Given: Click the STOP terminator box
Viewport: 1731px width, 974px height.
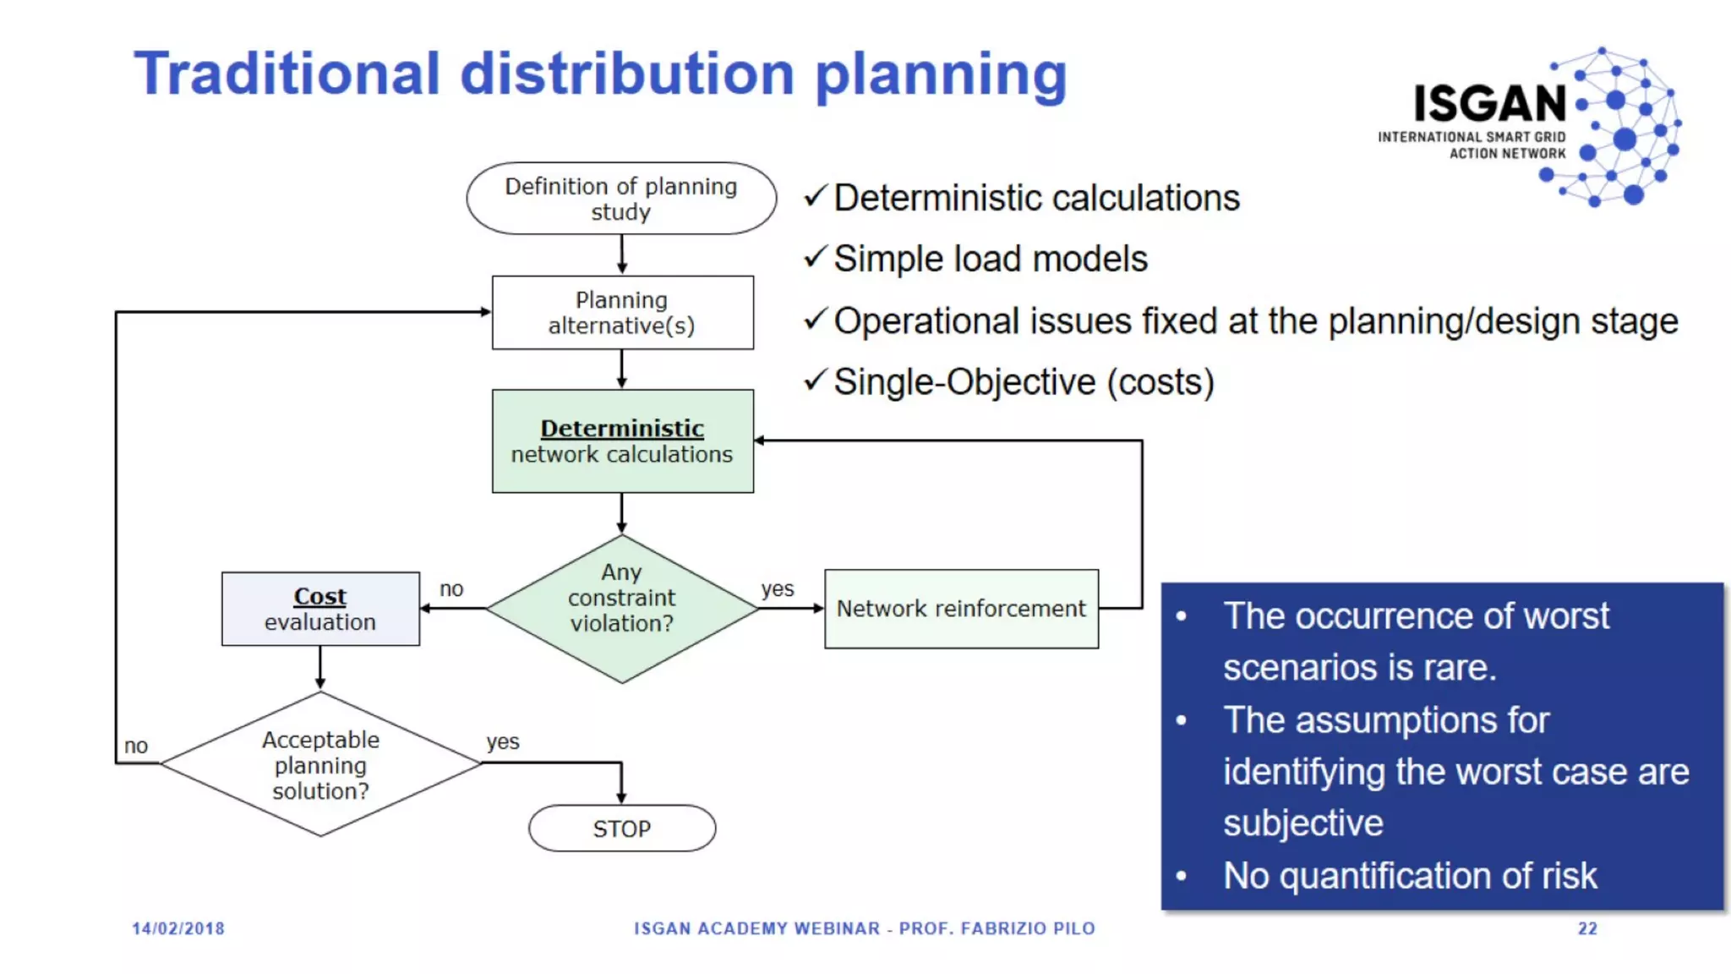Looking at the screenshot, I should (x=622, y=829).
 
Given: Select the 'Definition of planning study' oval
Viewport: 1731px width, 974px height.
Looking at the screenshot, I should (x=621, y=199).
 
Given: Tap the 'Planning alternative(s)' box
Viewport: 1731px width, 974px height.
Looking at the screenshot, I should (x=622, y=313).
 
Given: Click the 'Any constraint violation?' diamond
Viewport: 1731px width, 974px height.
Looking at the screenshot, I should (x=622, y=608).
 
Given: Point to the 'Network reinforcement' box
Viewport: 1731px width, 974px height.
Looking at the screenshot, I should (x=961, y=609).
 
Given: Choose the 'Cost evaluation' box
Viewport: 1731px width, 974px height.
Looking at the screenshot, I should (x=320, y=609).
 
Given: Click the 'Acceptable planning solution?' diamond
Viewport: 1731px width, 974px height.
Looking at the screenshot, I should (x=320, y=764).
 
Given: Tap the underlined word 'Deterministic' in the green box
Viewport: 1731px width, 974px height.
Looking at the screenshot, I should (x=622, y=429).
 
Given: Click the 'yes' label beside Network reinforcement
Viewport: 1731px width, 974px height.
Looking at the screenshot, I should (x=777, y=588).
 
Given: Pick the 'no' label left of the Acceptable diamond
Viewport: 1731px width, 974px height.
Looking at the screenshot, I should (x=136, y=746).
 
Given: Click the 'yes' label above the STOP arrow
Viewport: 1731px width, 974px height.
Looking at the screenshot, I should (x=503, y=741).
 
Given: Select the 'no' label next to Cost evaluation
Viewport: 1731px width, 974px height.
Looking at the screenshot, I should (x=451, y=588).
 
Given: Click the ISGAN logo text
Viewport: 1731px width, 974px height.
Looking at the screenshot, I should (x=1490, y=104).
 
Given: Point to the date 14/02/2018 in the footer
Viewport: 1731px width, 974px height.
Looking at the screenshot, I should (x=178, y=928).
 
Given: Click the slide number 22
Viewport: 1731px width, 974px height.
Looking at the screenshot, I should (x=1587, y=928).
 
